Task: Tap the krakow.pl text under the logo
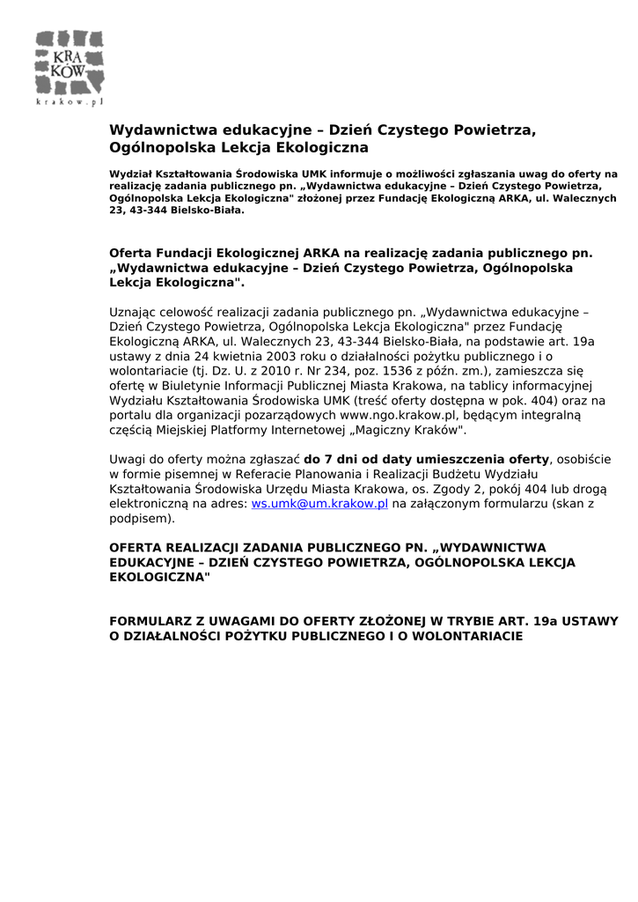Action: [x=70, y=102]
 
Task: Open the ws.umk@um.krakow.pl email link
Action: [x=319, y=504]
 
